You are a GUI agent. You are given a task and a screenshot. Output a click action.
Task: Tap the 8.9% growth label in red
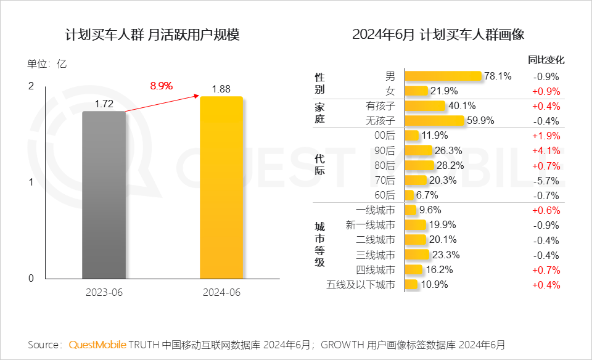click(161, 86)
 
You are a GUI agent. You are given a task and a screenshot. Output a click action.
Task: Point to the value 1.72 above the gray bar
click(104, 104)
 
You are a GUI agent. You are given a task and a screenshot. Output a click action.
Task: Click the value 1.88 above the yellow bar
click(221, 89)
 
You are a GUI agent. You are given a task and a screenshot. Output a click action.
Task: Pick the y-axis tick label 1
click(31, 182)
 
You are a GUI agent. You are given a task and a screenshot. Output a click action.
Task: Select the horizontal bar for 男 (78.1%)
click(443, 76)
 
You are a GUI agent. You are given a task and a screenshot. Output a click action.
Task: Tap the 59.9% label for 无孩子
click(481, 121)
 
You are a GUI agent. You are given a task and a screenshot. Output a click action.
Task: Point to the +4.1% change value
click(546, 150)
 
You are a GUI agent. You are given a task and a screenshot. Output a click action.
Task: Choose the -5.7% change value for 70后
click(546, 181)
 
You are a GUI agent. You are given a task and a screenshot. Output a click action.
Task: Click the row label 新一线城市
click(371, 225)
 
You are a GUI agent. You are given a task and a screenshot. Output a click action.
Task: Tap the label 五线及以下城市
click(361, 285)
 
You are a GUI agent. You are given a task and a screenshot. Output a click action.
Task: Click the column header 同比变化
click(546, 60)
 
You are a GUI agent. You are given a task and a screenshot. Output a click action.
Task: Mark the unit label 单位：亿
click(47, 63)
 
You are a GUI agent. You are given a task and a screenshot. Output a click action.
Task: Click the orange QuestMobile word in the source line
click(97, 344)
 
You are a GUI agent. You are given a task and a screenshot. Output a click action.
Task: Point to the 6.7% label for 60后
click(427, 195)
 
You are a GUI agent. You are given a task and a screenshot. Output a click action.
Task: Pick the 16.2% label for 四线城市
click(440, 269)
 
